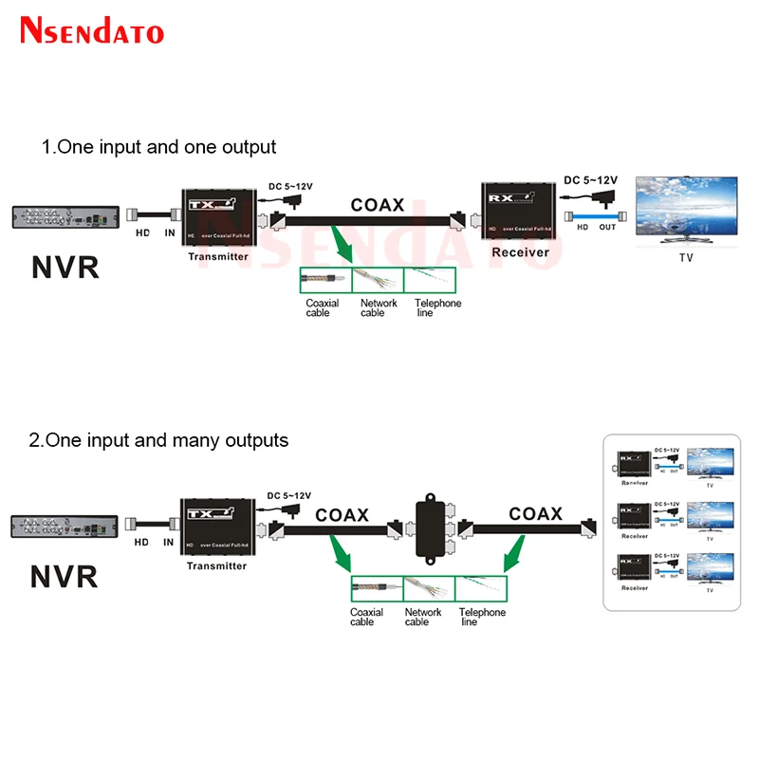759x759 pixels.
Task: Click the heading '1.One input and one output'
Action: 158,147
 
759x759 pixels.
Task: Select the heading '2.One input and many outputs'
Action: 164,440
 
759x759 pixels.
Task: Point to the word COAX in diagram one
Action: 378,204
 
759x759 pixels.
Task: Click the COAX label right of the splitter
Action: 535,514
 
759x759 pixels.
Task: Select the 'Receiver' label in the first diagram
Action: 520,252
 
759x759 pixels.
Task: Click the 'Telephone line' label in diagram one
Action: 436,308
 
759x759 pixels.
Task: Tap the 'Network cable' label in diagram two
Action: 423,617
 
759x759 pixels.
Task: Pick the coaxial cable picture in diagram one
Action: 325,281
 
